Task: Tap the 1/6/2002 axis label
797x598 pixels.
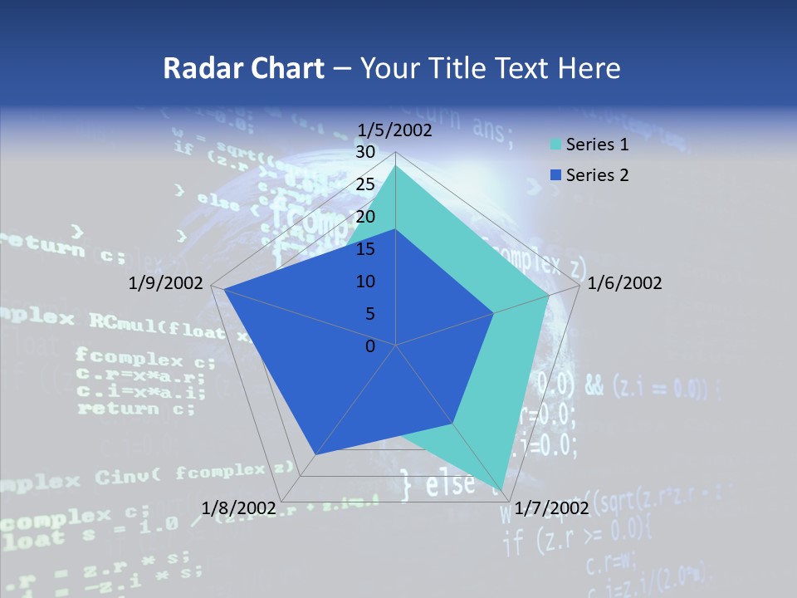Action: [624, 283]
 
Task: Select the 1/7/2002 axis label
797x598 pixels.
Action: [552, 507]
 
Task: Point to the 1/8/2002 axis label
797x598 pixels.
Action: [239, 507]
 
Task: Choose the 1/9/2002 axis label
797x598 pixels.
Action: [166, 283]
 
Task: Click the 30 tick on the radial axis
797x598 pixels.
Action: [365, 152]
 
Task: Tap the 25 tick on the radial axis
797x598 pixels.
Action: [365, 184]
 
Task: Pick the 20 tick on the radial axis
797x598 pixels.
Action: [365, 217]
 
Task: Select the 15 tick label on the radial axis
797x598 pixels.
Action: [365, 249]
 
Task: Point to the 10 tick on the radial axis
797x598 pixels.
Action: [365, 282]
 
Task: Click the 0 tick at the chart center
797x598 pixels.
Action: [370, 346]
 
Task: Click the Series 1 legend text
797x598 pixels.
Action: [597, 145]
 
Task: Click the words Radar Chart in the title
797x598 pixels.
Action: [243, 68]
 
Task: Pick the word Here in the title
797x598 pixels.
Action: [589, 68]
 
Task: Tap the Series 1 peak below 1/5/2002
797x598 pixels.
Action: [396, 166]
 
